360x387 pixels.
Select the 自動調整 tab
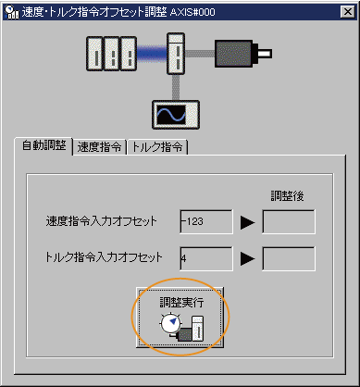43,146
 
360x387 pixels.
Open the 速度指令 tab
100,146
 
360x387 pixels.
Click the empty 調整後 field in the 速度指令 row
289,221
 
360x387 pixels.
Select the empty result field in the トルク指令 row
289,258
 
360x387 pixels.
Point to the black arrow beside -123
247,222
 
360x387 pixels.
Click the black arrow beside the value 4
247,259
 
